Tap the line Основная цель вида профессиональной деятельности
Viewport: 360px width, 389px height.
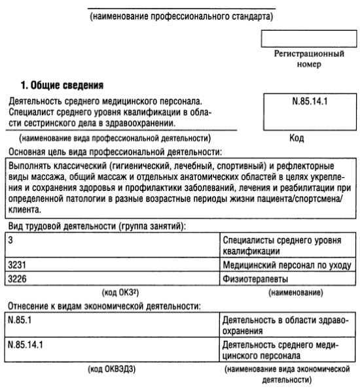coord(115,151)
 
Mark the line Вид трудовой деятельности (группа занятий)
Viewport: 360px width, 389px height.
coord(96,227)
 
